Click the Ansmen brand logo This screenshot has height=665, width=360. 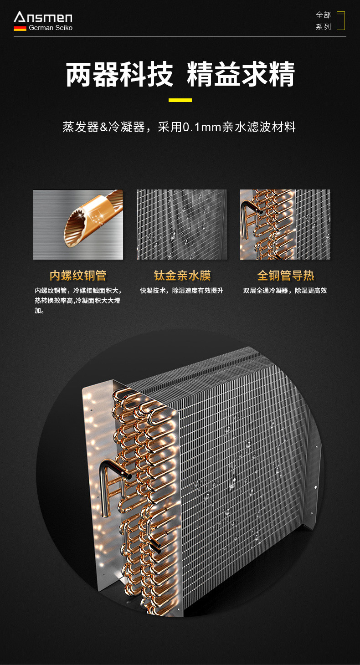pos(43,17)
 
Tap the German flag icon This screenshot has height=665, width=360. pos(20,28)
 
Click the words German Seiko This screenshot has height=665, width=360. pos(51,28)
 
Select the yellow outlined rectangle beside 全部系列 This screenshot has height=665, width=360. pos(340,21)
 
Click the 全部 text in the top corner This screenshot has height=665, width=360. pos(323,15)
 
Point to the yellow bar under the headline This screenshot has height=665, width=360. pos(180,100)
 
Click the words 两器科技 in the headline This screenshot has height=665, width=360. pos(119,75)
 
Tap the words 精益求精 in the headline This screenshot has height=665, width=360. pos(241,75)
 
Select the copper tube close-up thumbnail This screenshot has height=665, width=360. pos(78,225)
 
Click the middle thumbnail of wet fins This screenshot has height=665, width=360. pos(182,225)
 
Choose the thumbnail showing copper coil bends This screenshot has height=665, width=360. pos(285,225)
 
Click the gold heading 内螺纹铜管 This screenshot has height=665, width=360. pos(78,276)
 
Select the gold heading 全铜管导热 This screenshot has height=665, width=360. pos(286,276)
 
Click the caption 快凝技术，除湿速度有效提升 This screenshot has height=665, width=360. pos(181,291)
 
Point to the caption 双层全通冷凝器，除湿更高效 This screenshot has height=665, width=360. pos(285,291)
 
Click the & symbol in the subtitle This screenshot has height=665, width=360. pos(103,127)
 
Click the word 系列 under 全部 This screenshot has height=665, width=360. pos(323,27)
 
